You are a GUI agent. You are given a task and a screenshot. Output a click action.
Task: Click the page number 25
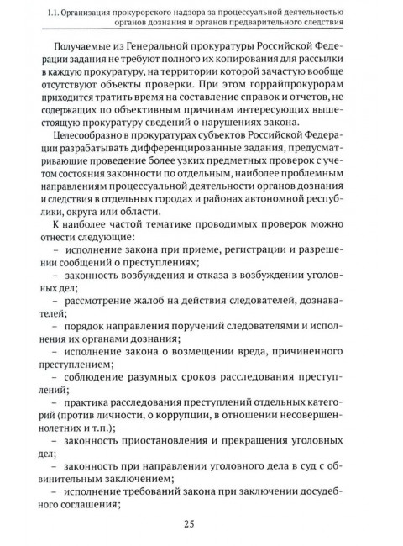[201, 526]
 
